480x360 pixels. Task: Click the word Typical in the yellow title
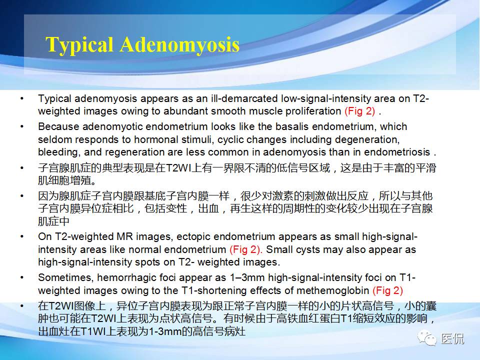pyautogui.click(x=79, y=45)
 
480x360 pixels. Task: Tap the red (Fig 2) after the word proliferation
pyautogui.click(x=360, y=111)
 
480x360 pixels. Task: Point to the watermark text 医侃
pyautogui.click(x=452, y=339)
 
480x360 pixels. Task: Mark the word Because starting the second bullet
pyautogui.click(x=55, y=126)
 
